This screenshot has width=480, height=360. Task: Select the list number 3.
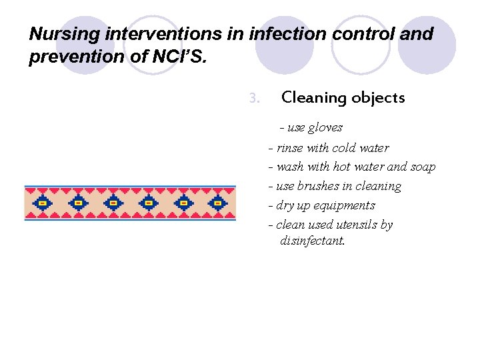253,98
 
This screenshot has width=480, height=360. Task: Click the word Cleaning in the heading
311,98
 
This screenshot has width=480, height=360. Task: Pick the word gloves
325,127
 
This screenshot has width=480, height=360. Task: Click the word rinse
289,148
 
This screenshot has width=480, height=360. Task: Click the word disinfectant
313,241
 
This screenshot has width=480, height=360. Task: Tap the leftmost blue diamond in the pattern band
43,203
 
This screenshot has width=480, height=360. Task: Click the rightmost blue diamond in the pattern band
217,203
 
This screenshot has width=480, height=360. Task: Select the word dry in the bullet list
284,205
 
